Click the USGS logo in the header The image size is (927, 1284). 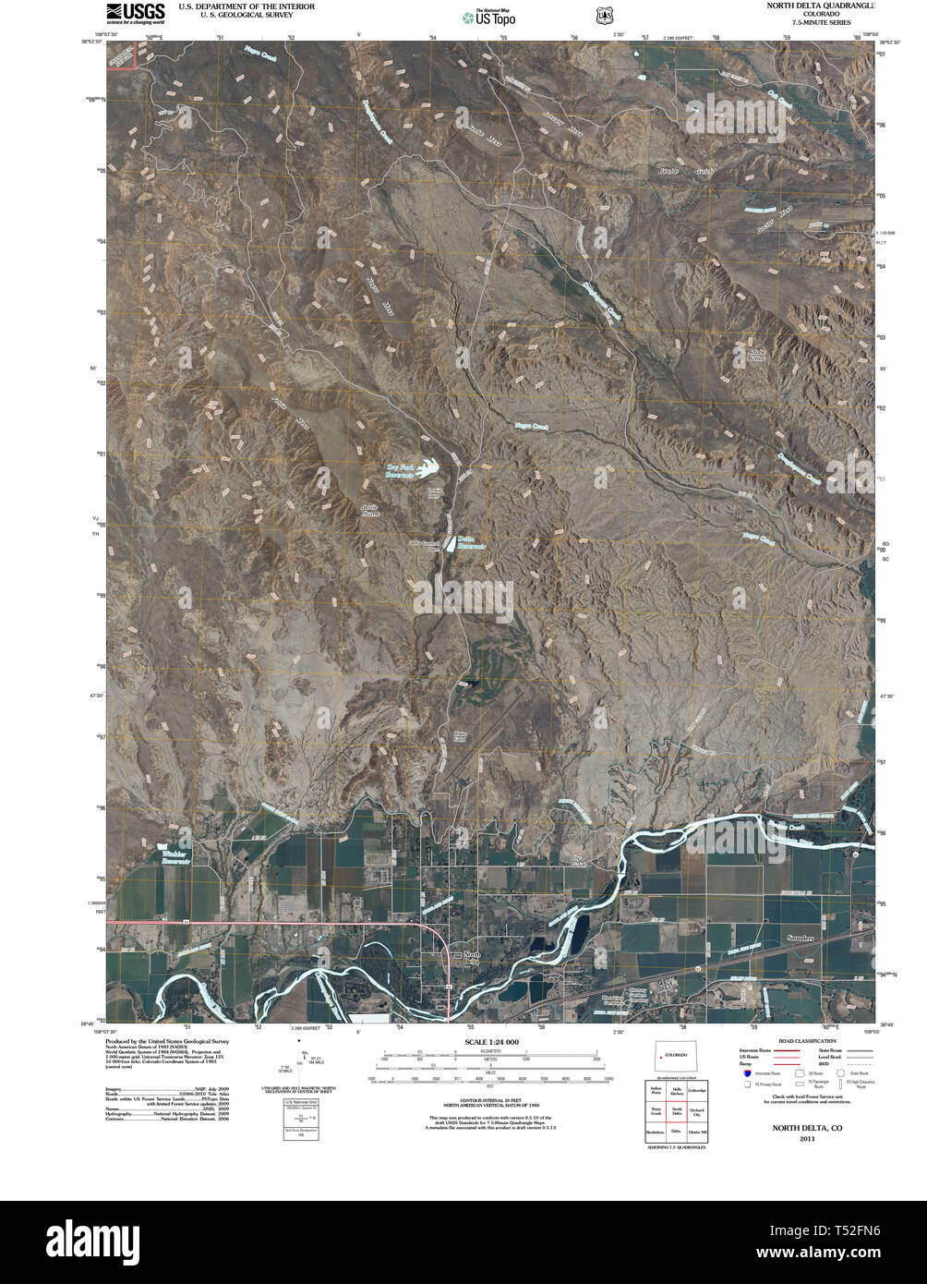pyautogui.click(x=135, y=12)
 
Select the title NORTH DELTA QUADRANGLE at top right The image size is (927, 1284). pyautogui.click(x=814, y=6)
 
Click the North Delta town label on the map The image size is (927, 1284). pyautogui.click(x=472, y=957)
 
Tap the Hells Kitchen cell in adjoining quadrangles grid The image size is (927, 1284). pyautogui.click(x=677, y=1092)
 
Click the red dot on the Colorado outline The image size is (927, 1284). pyautogui.click(x=661, y=1055)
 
